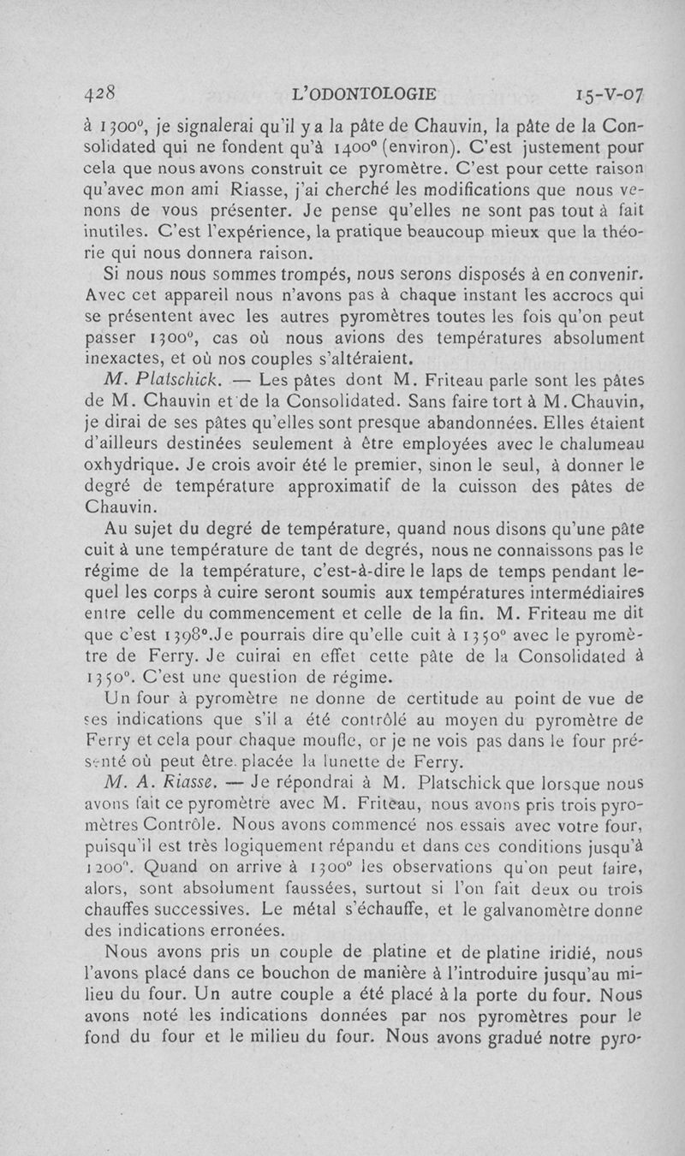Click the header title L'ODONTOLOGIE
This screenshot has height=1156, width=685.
click(x=364, y=93)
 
